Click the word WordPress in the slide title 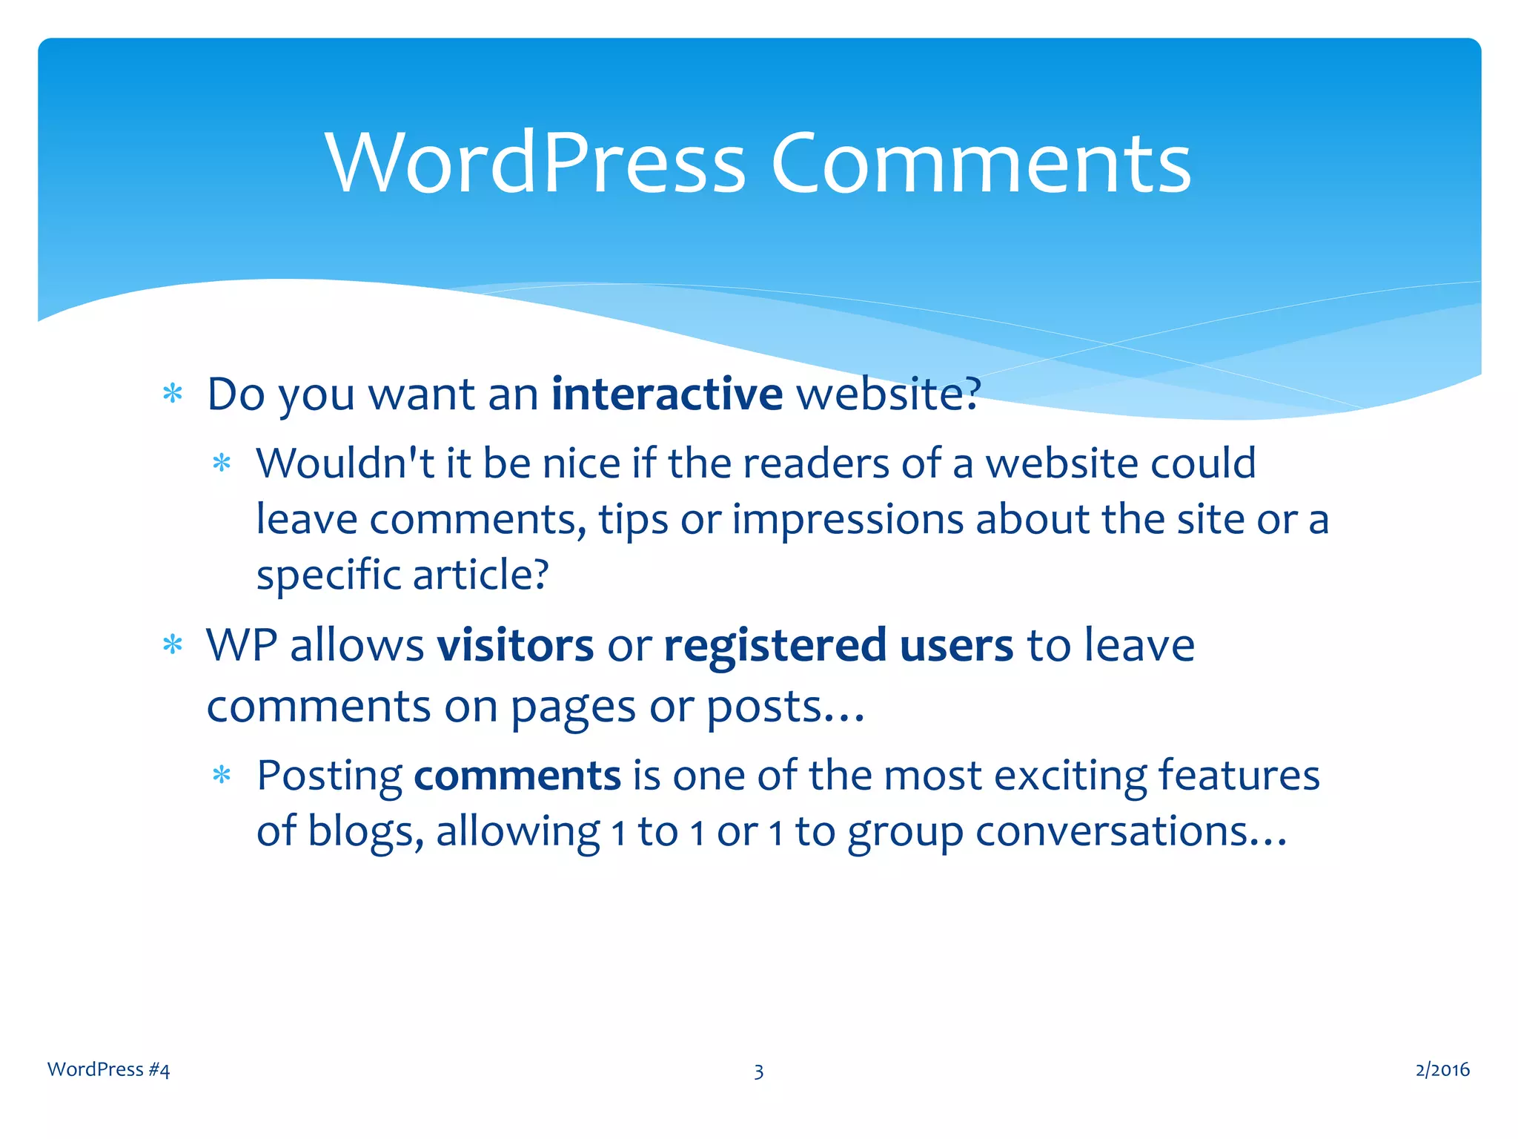tap(535, 162)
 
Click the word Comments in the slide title tap(980, 162)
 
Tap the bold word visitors tap(515, 644)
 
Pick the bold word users tap(956, 644)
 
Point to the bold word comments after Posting tap(517, 776)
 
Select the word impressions tap(848, 521)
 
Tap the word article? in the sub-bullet tap(481, 575)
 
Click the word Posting tap(329, 777)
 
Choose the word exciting tap(1070, 777)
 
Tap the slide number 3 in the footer tap(758, 1071)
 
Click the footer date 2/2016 tap(1442, 1069)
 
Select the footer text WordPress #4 tap(108, 1069)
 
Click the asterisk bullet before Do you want tap(173, 393)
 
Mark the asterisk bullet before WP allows tap(173, 644)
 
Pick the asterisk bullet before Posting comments tap(222, 776)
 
